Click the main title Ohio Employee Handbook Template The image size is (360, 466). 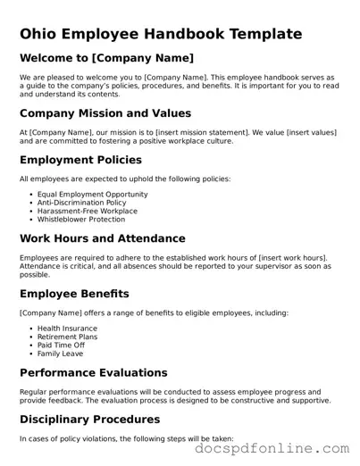[161, 35]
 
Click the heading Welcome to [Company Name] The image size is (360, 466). [106, 58]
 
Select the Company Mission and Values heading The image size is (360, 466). [105, 113]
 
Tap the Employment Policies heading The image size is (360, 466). [80, 160]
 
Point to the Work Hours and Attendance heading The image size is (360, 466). [103, 238]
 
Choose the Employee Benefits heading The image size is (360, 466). [74, 294]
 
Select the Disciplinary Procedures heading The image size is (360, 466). [99, 419]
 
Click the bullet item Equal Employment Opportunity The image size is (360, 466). [92, 194]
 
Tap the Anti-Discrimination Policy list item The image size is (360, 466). [81, 203]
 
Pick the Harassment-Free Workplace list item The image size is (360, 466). [87, 211]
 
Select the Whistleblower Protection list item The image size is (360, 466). [80, 220]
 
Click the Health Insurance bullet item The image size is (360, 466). [67, 328]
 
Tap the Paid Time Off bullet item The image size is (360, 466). [63, 345]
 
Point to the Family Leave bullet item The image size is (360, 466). [62, 354]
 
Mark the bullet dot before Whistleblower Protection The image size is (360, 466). [30, 220]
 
